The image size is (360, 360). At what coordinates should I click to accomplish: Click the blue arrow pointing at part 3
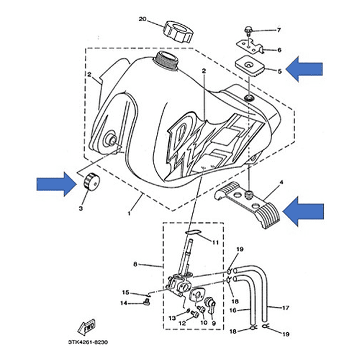[x=55, y=185]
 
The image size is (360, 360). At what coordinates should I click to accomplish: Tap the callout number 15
[x=126, y=292]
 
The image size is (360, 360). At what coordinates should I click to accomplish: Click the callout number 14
[x=125, y=303]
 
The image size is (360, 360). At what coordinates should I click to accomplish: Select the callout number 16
[x=232, y=309]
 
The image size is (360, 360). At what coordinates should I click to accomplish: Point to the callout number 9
[x=213, y=322]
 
